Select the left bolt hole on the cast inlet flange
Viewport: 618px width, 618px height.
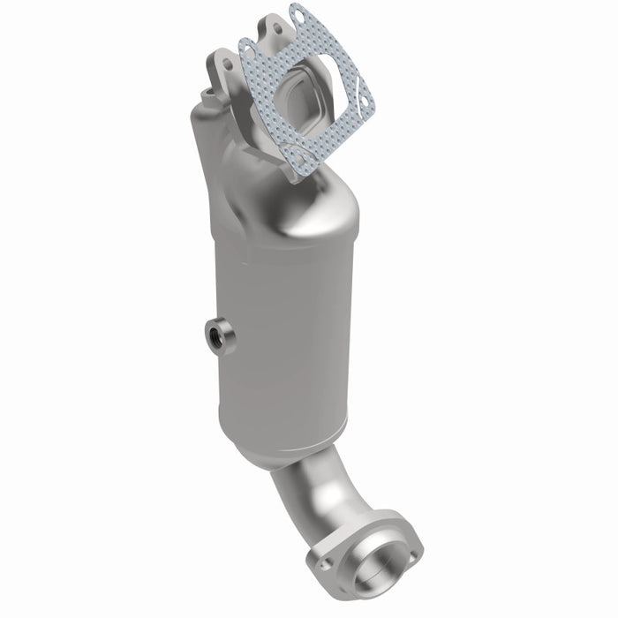229,62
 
